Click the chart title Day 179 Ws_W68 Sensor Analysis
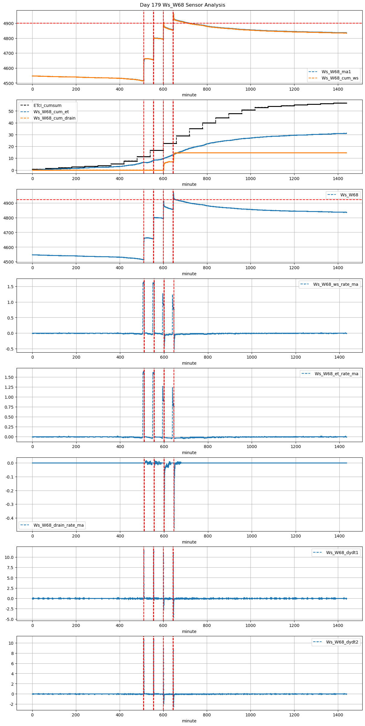coord(182,5)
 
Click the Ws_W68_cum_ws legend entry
coord(340,78)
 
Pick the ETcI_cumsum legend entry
coord(47,105)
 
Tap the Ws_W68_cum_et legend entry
coord(51,112)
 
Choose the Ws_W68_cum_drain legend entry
coord(54,118)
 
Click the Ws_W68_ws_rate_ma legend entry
coord(335,284)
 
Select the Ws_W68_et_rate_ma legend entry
coord(336,374)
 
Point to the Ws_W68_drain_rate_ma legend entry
coord(58,525)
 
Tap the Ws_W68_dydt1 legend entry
coord(342,553)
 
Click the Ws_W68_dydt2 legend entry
coord(342,642)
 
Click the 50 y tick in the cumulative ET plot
coord(11,111)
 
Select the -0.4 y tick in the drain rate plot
coord(10,518)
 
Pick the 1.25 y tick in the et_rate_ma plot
coord(9,387)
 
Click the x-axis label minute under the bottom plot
coord(189,721)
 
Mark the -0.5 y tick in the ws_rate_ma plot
coord(10,349)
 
